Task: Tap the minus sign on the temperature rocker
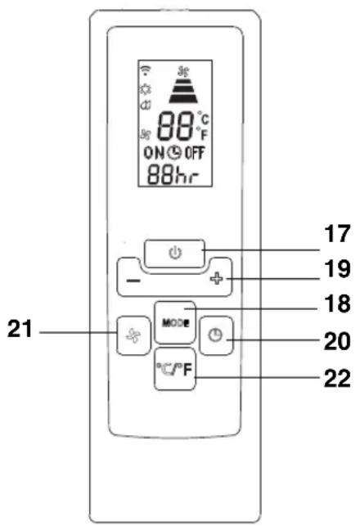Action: point(133,280)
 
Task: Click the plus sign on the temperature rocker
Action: point(217,278)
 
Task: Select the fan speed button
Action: point(133,335)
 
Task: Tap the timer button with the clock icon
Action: point(216,335)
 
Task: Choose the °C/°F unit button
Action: point(175,369)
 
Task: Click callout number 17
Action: point(337,233)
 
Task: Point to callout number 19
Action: point(337,268)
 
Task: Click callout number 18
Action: point(337,304)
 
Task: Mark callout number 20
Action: point(337,341)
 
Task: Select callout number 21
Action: point(20,329)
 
